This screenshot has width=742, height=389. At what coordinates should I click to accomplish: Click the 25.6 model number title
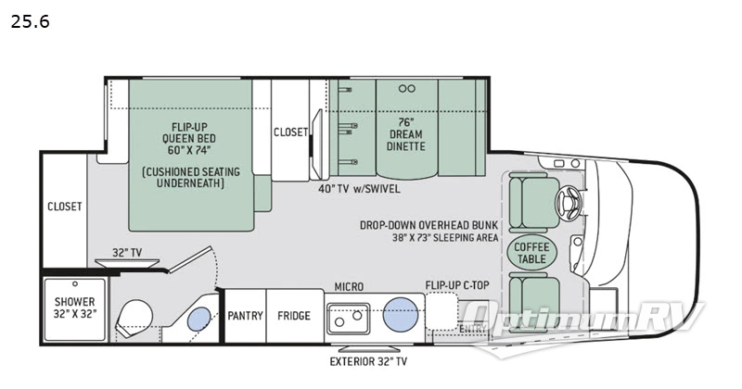(30, 20)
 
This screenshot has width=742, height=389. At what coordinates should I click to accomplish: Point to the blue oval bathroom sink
(198, 320)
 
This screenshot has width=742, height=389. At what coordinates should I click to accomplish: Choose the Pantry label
(246, 316)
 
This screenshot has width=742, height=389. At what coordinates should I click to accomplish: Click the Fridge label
(294, 316)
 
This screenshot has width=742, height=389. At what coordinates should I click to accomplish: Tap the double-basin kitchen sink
(348, 318)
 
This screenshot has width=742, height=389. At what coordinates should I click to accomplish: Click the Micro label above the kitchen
(349, 286)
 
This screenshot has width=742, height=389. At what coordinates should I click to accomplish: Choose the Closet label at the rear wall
(65, 207)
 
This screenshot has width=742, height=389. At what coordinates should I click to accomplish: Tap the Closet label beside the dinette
(290, 132)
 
